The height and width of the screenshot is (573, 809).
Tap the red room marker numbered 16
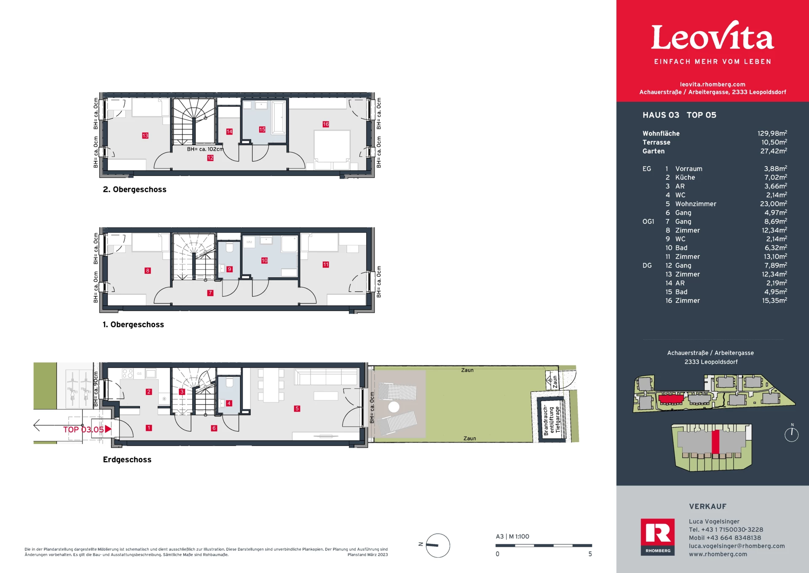pyautogui.click(x=326, y=124)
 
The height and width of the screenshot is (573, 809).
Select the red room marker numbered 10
pyautogui.click(x=265, y=260)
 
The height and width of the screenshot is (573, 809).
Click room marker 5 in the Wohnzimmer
pyautogui.click(x=297, y=408)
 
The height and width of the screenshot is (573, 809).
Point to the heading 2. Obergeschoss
pyautogui.click(x=134, y=189)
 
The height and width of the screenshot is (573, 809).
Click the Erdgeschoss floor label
pyautogui.click(x=127, y=459)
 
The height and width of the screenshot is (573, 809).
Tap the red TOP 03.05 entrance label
pyautogui.click(x=87, y=429)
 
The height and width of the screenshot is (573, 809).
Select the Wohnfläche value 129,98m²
pyautogui.click(x=772, y=133)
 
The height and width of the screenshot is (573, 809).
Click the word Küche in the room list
pyautogui.click(x=685, y=178)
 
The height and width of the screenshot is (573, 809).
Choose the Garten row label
pyautogui.click(x=654, y=151)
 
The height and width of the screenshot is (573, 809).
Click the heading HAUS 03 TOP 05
pyautogui.click(x=679, y=115)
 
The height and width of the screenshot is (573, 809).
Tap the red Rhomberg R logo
pyautogui.click(x=658, y=537)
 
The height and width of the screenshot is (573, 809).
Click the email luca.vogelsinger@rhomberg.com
pyautogui.click(x=737, y=546)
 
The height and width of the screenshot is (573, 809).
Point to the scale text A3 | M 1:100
pyautogui.click(x=512, y=537)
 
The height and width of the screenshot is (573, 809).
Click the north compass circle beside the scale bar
pyautogui.click(x=438, y=546)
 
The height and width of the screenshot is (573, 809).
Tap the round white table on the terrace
pyautogui.click(x=394, y=407)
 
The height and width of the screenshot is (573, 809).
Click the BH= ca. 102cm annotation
pyautogui.click(x=205, y=149)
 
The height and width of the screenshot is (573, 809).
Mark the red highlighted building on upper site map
pyautogui.click(x=671, y=399)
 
